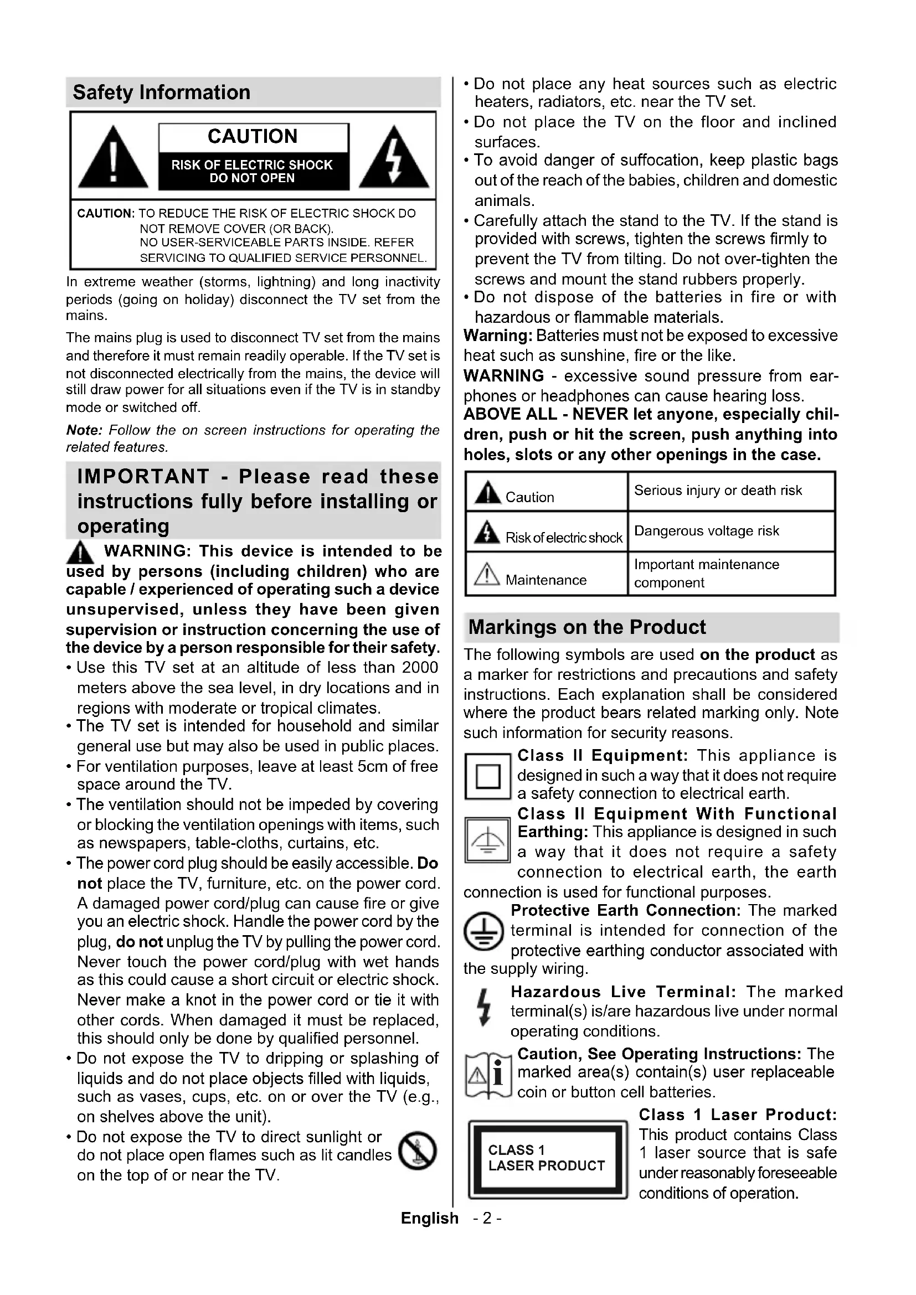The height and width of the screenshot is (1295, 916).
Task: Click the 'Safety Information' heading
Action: [x=161, y=92]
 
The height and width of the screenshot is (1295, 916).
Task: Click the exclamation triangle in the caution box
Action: [x=113, y=158]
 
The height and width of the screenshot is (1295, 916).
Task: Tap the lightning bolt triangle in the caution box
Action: [x=394, y=158]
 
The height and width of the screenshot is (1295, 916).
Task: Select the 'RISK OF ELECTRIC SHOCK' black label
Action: [x=252, y=171]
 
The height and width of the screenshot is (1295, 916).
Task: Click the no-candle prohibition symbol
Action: [x=418, y=1150]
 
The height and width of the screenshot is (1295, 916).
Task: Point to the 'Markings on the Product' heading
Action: [x=586, y=627]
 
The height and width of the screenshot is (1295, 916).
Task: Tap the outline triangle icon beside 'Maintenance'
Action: [x=487, y=575]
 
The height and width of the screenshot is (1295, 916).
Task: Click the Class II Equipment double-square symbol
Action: [x=488, y=777]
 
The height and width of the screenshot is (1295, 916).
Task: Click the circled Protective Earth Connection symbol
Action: [x=483, y=931]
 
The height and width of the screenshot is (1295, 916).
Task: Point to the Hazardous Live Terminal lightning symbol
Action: [x=483, y=1007]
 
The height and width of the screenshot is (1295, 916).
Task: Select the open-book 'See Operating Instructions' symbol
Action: [x=488, y=1076]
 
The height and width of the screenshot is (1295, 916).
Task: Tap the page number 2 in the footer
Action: [x=488, y=1218]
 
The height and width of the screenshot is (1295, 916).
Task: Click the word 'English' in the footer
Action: [x=429, y=1218]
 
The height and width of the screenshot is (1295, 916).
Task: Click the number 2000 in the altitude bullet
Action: [x=420, y=667]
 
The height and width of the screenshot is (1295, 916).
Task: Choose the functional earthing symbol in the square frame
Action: [x=488, y=840]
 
